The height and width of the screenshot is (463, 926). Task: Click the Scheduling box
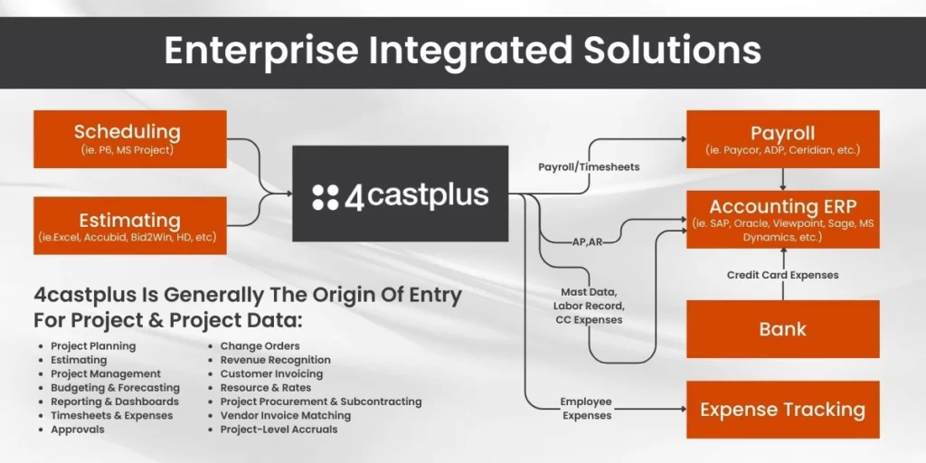click(x=130, y=138)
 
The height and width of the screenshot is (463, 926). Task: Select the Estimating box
click(x=130, y=225)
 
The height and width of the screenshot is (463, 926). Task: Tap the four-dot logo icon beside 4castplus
click(x=326, y=197)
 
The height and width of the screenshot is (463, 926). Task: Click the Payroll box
click(x=782, y=138)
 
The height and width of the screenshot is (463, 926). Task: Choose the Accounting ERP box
click(x=782, y=219)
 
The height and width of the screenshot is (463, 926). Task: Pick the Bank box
click(x=782, y=329)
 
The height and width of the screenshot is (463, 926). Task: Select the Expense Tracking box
click(x=782, y=410)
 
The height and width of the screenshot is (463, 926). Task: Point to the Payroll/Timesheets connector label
click(x=589, y=167)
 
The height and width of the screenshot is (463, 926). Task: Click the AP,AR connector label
click(x=587, y=241)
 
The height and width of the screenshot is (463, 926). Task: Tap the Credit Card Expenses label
click(x=782, y=275)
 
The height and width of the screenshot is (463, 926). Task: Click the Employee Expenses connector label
click(x=586, y=409)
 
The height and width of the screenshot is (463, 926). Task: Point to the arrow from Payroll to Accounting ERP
click(x=783, y=179)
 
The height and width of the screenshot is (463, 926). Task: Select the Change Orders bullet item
click(x=260, y=346)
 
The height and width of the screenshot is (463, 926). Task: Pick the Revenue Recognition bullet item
click(x=275, y=360)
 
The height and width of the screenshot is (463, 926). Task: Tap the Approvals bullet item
click(x=78, y=430)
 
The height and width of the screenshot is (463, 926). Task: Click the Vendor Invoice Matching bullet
click(x=285, y=416)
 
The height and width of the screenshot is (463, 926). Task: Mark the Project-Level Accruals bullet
click(x=279, y=430)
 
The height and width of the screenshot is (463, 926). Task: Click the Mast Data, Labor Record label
click(x=589, y=299)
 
